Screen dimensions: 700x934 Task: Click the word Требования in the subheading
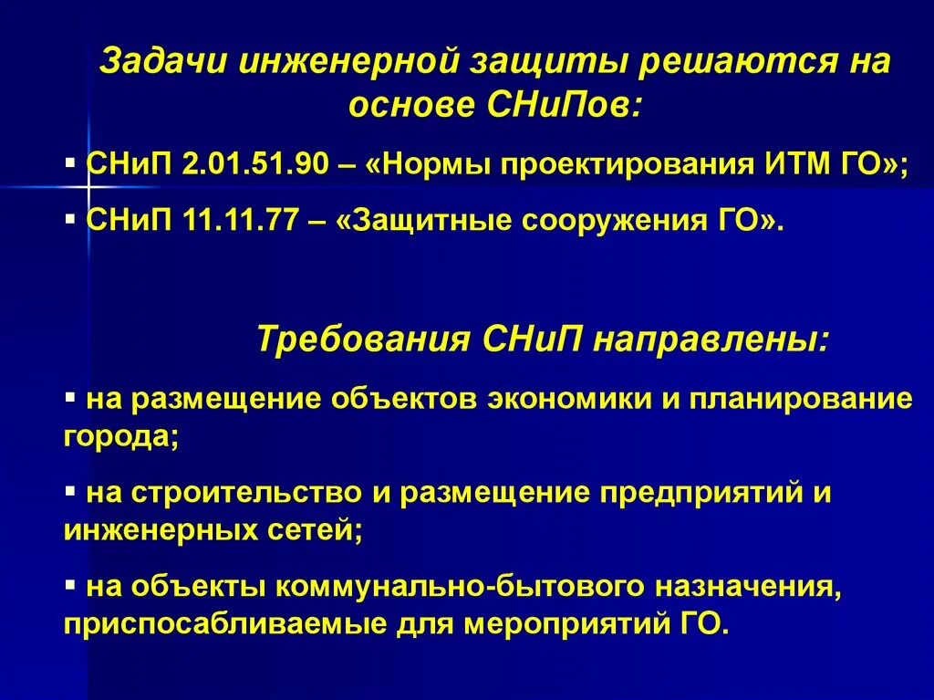click(x=360, y=340)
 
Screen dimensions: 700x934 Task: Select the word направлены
click(x=711, y=340)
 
